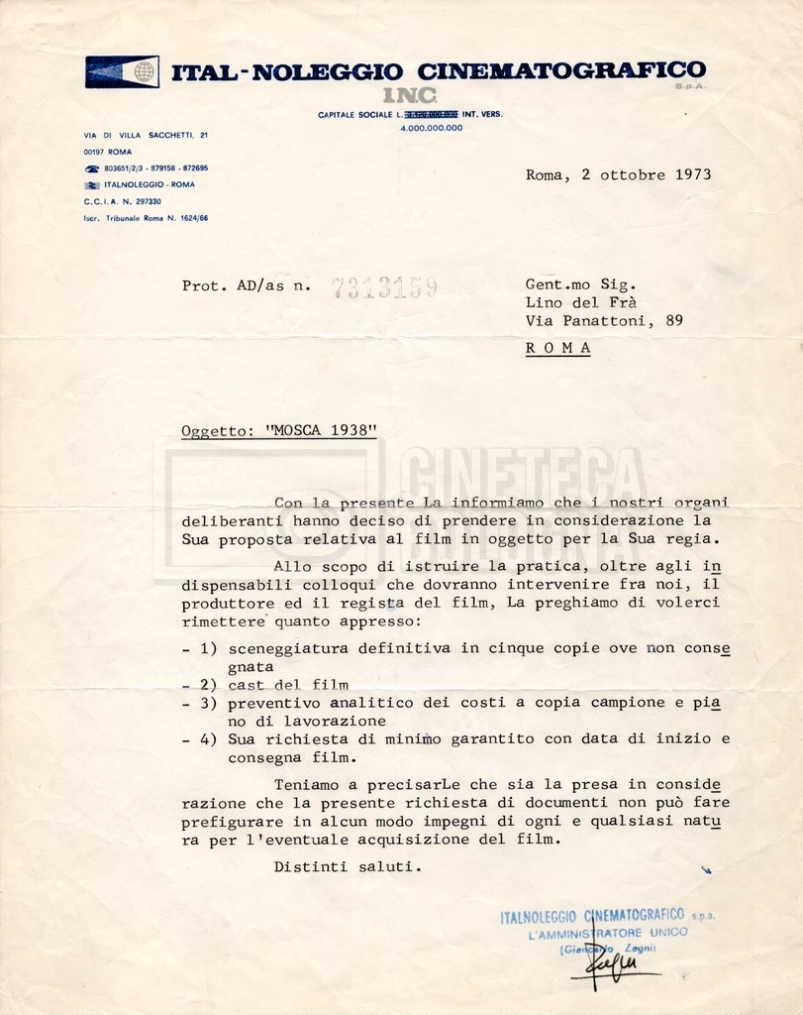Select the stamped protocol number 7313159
point(384,287)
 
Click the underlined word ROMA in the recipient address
point(557,348)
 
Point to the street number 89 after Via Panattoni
point(673,320)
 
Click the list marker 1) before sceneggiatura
point(206,648)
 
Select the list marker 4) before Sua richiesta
point(206,738)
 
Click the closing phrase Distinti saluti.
point(348,866)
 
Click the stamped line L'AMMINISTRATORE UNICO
point(608,933)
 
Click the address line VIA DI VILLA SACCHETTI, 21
point(147,134)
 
